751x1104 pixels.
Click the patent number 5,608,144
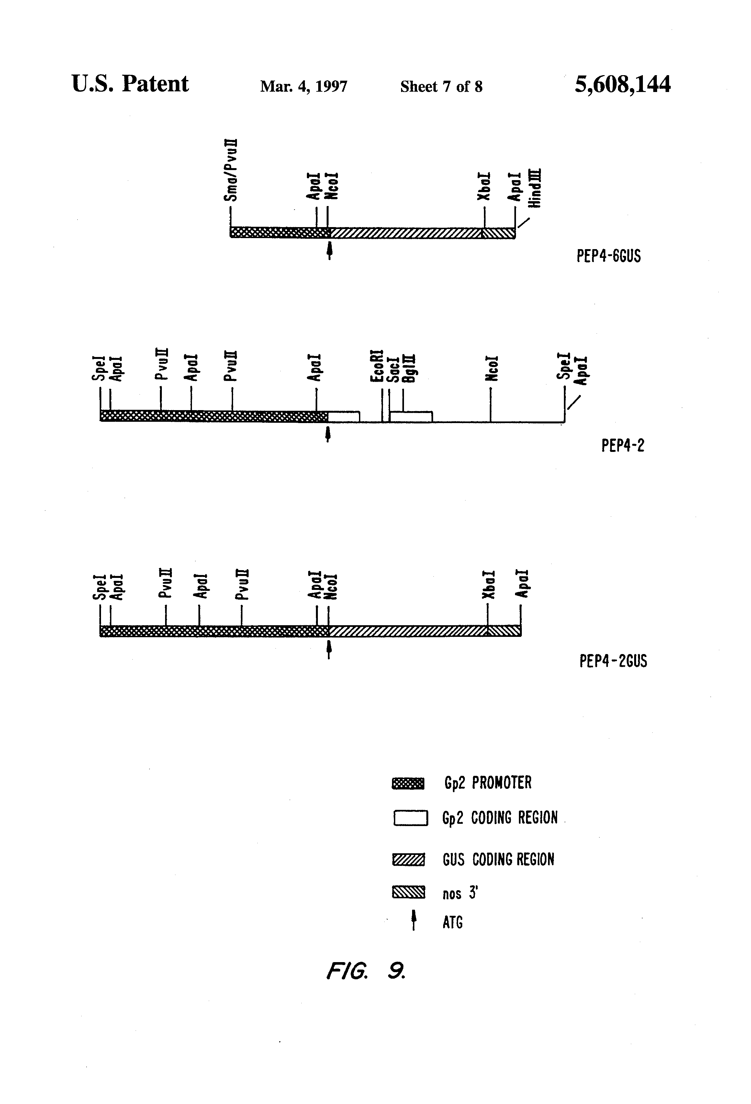(622, 85)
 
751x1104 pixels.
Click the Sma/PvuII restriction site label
(231, 170)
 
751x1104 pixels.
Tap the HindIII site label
(535, 188)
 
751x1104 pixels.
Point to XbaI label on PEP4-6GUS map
(484, 186)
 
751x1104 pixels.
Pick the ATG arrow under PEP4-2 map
(328, 434)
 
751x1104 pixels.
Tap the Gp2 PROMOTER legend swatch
(408, 783)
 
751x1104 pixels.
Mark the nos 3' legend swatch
(408, 892)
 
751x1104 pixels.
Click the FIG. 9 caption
(365, 971)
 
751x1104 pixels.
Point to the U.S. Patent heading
(130, 84)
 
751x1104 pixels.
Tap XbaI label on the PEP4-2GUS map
(488, 585)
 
